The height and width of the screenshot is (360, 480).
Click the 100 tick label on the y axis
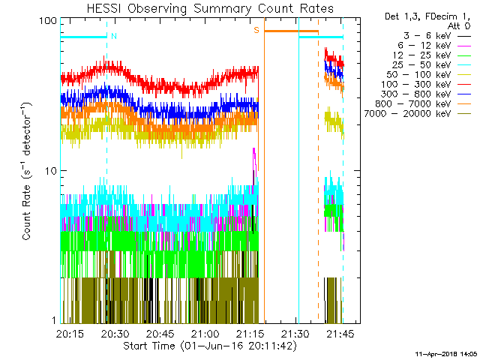pos(49,21)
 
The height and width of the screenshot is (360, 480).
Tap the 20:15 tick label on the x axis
pos(69,334)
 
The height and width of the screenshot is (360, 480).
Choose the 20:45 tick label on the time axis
pos(160,334)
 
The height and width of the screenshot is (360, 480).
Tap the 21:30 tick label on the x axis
pos(295,334)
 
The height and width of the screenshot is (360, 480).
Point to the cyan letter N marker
pos(113,35)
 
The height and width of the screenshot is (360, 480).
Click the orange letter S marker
pos(256,30)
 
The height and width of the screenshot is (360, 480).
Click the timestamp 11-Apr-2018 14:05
pos(447,352)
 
